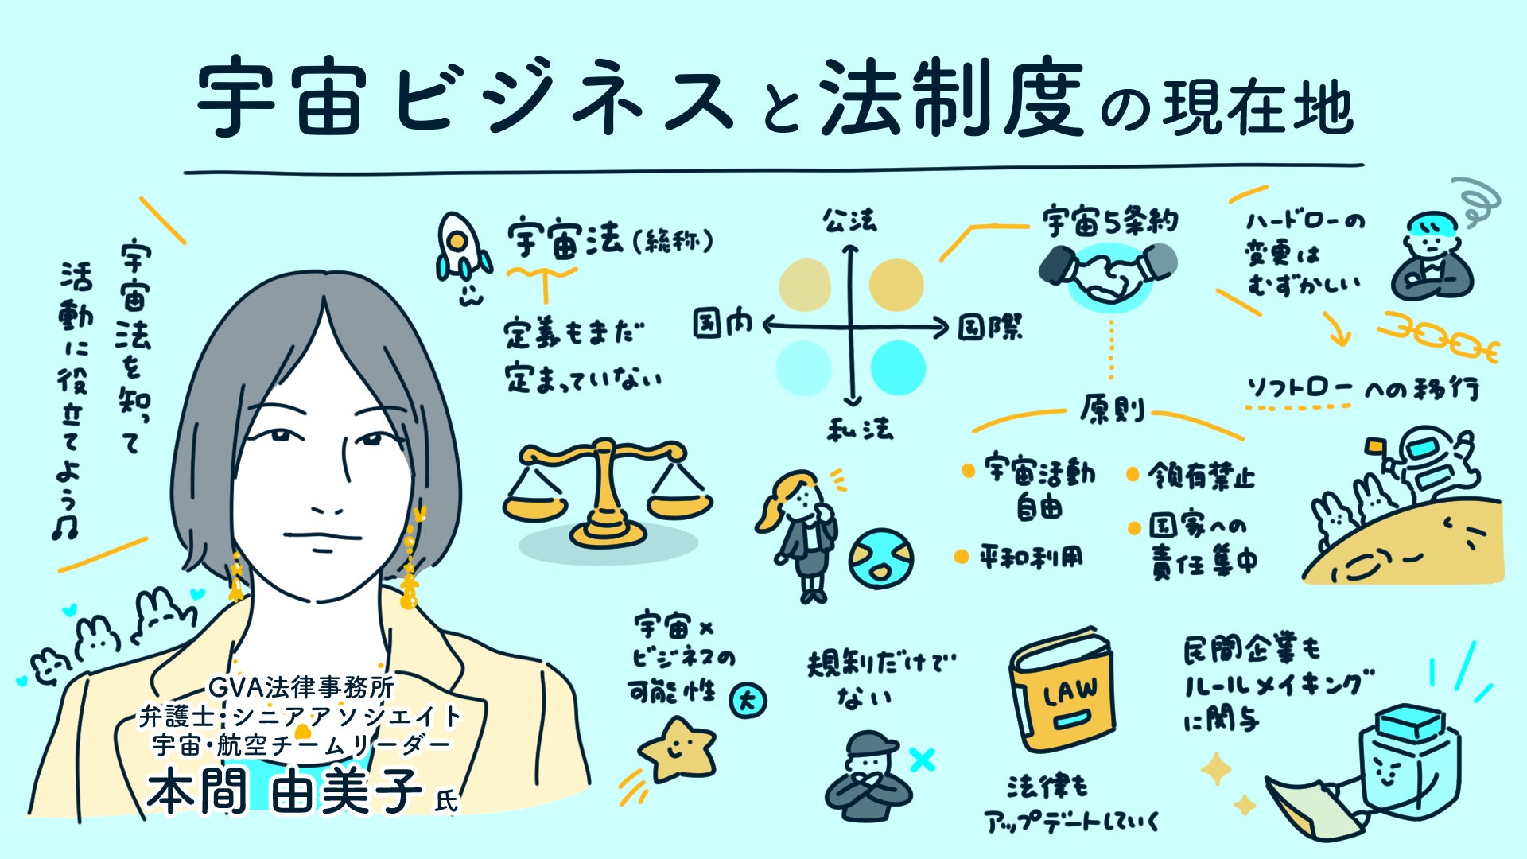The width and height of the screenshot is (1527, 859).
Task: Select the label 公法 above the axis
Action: (x=849, y=220)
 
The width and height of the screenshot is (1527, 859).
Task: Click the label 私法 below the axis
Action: (x=859, y=429)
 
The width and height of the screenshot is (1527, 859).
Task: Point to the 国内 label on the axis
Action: (x=722, y=324)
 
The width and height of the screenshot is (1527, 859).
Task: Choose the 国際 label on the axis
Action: (x=989, y=326)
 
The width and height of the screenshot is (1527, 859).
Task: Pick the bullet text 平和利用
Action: (x=1030, y=556)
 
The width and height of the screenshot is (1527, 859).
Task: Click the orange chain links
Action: (x=1438, y=337)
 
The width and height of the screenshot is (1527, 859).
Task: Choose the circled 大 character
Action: (x=748, y=701)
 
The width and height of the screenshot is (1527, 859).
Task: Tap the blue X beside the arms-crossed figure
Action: (x=922, y=760)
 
